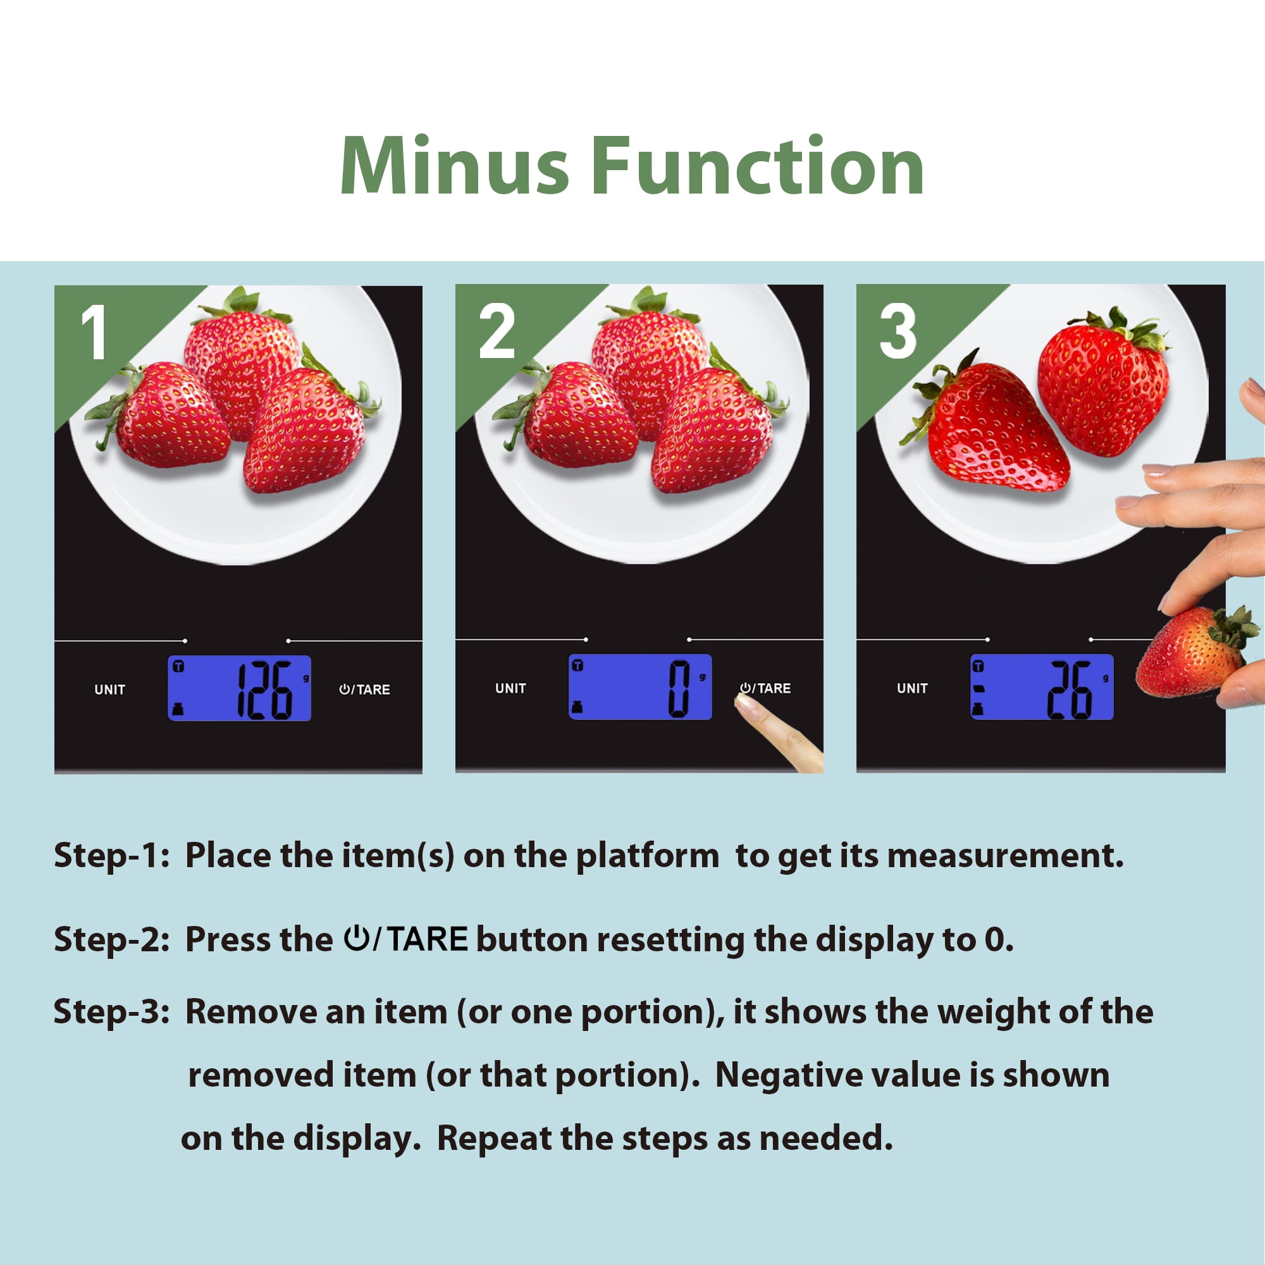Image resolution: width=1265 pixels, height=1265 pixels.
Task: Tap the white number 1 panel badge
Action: (95, 333)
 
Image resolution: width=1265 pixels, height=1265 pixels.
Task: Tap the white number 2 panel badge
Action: (497, 332)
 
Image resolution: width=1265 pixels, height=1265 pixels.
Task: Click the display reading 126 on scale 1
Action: (239, 688)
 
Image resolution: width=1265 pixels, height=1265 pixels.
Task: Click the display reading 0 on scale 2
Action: (639, 687)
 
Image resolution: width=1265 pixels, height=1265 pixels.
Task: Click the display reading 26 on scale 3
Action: (1042, 687)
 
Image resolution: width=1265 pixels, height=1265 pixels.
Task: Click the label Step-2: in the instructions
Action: (112, 941)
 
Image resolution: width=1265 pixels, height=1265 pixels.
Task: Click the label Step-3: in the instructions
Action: (112, 1011)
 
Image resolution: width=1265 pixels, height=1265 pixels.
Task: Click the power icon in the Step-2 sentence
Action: (357, 937)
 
